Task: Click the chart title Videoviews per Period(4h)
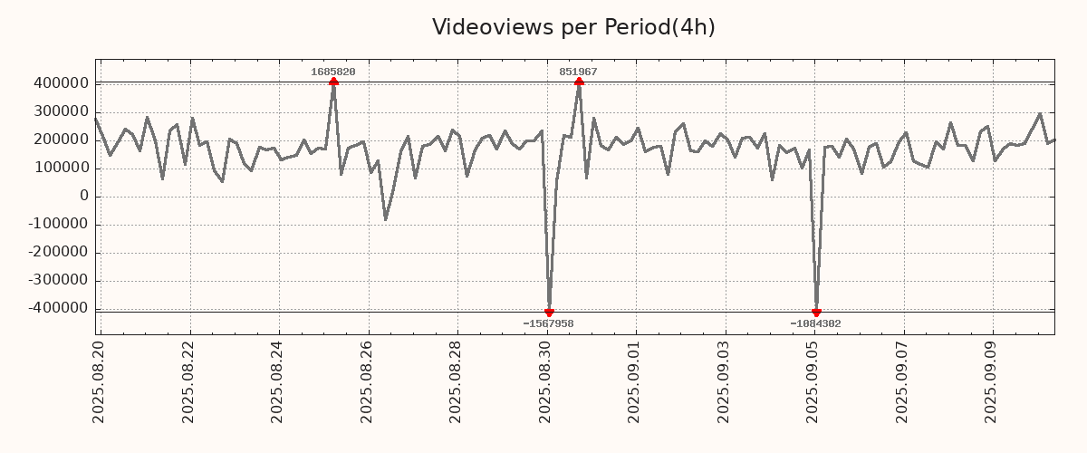point(573,27)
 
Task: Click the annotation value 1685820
point(333,72)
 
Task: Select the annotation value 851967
point(578,72)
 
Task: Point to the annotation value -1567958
point(548,323)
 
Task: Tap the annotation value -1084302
point(815,323)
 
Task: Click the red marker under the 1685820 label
point(333,82)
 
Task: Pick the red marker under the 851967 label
point(579,82)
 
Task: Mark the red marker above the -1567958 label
point(549,313)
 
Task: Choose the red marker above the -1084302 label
point(816,313)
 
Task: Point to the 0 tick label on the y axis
point(84,196)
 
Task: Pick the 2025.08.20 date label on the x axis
point(100,381)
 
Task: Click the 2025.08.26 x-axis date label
point(368,381)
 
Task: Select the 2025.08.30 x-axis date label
point(546,381)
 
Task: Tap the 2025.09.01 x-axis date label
point(635,381)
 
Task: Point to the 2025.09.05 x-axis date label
point(813,381)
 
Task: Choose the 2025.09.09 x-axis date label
point(992,381)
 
